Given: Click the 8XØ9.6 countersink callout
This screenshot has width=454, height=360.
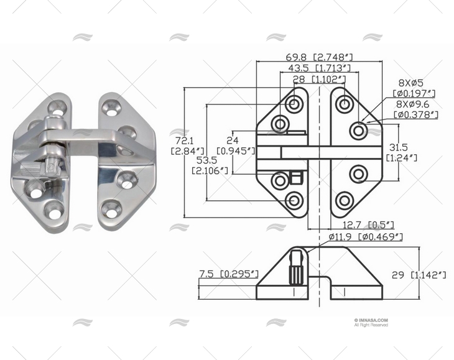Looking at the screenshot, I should click(x=412, y=104).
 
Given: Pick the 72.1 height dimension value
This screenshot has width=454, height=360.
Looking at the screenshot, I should click(x=180, y=139).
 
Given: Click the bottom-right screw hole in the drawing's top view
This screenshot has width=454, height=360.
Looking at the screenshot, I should click(x=344, y=200).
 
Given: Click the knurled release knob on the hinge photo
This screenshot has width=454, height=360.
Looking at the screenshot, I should click(x=52, y=167).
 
